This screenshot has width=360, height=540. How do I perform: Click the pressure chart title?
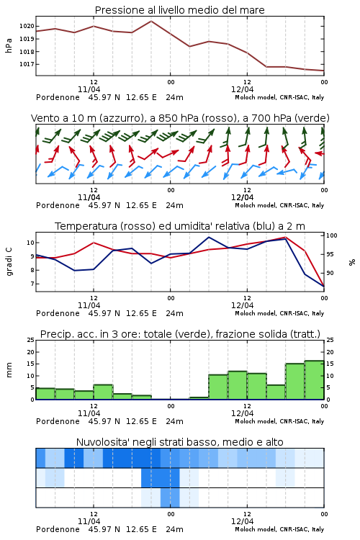coord(179,10)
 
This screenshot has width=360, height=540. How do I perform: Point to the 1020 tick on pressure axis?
coord(27,26)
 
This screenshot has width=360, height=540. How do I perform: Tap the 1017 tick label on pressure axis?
coord(27,64)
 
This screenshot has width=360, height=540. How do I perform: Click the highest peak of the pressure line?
coord(151,21)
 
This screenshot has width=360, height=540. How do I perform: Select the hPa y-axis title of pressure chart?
coord(9,45)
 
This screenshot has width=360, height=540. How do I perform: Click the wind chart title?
coord(180,118)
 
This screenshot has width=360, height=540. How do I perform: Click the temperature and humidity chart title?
coord(180,226)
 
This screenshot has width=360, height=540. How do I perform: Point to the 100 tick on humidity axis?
coord(332,235)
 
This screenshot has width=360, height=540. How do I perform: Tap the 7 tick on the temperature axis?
coord(32,284)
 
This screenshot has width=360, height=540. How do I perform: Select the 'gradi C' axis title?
coord(9,262)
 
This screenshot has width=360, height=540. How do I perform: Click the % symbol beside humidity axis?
coord(352,262)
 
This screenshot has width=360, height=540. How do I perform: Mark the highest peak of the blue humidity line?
coord(209,237)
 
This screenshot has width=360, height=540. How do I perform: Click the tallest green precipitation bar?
coord(314,380)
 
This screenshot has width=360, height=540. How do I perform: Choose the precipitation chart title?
coord(180,334)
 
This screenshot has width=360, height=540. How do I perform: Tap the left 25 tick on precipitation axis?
coord(31,340)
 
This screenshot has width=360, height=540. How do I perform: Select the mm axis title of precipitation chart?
coord(9,370)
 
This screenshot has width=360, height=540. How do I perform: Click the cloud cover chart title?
coord(180,442)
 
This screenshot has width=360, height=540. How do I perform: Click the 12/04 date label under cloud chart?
coord(242,521)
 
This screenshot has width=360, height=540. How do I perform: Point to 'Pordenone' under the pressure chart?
coord(58,97)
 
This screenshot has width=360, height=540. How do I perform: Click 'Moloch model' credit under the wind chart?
coord(256,206)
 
